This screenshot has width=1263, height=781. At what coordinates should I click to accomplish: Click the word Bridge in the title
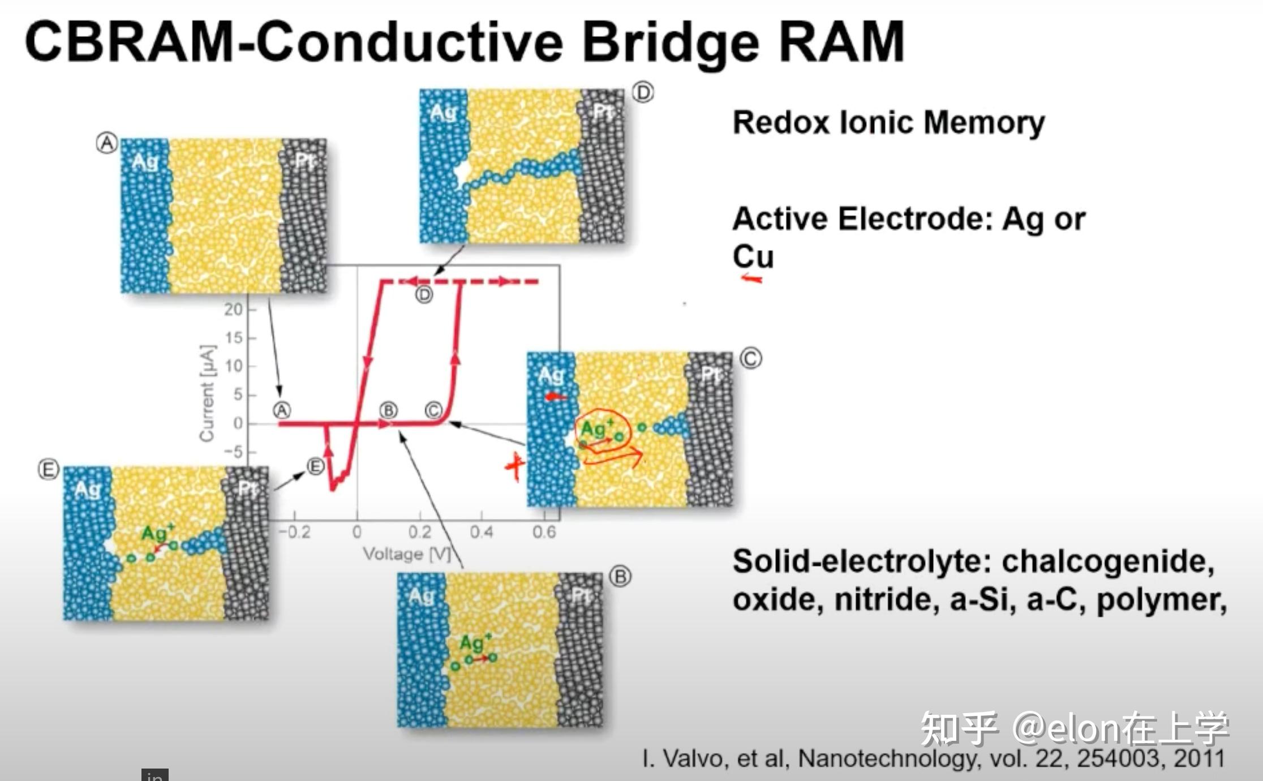[x=671, y=43]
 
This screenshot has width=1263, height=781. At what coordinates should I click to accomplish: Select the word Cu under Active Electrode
[x=753, y=256]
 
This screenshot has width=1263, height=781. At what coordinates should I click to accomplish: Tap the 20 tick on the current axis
[x=233, y=309]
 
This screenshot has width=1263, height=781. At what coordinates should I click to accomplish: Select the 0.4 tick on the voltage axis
[x=481, y=532]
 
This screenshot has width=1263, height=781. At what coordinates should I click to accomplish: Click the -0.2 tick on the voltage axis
[x=294, y=532]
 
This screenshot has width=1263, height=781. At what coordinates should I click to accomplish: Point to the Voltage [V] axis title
[x=406, y=553]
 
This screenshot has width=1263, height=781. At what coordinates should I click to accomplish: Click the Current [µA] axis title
[x=207, y=393]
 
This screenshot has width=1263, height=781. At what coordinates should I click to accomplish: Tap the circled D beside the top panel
[x=642, y=92]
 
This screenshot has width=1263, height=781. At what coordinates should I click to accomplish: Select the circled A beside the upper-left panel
[x=106, y=144]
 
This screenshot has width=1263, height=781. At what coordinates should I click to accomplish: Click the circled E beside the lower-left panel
[x=48, y=470]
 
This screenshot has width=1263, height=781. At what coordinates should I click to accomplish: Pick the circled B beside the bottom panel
[x=620, y=577]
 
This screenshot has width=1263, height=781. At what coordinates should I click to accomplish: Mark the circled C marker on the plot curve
[x=433, y=410]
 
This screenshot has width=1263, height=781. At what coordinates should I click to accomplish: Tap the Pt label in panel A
[x=304, y=161]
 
